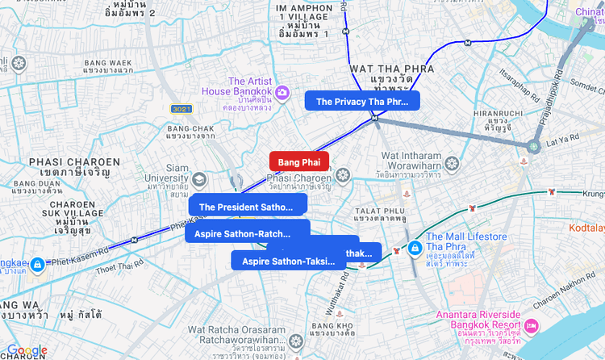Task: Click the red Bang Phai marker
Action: (x=298, y=162)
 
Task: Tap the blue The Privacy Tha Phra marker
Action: (x=361, y=101)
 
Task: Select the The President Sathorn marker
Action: (x=247, y=206)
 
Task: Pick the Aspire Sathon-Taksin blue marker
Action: (x=288, y=260)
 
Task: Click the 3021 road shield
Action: (x=181, y=108)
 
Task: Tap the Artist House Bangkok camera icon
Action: (x=282, y=92)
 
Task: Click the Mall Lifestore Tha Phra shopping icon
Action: (x=415, y=247)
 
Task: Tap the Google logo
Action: (x=27, y=350)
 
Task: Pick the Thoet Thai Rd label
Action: (x=113, y=267)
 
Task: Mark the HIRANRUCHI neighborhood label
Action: (x=498, y=114)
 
